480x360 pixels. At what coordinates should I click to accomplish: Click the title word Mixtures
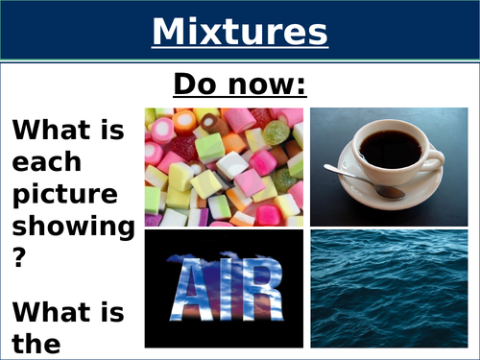(x=239, y=32)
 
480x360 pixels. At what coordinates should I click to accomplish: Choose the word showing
(x=72, y=228)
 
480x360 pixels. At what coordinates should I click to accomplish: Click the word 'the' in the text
(x=37, y=344)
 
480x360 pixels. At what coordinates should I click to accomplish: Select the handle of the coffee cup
(x=433, y=155)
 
